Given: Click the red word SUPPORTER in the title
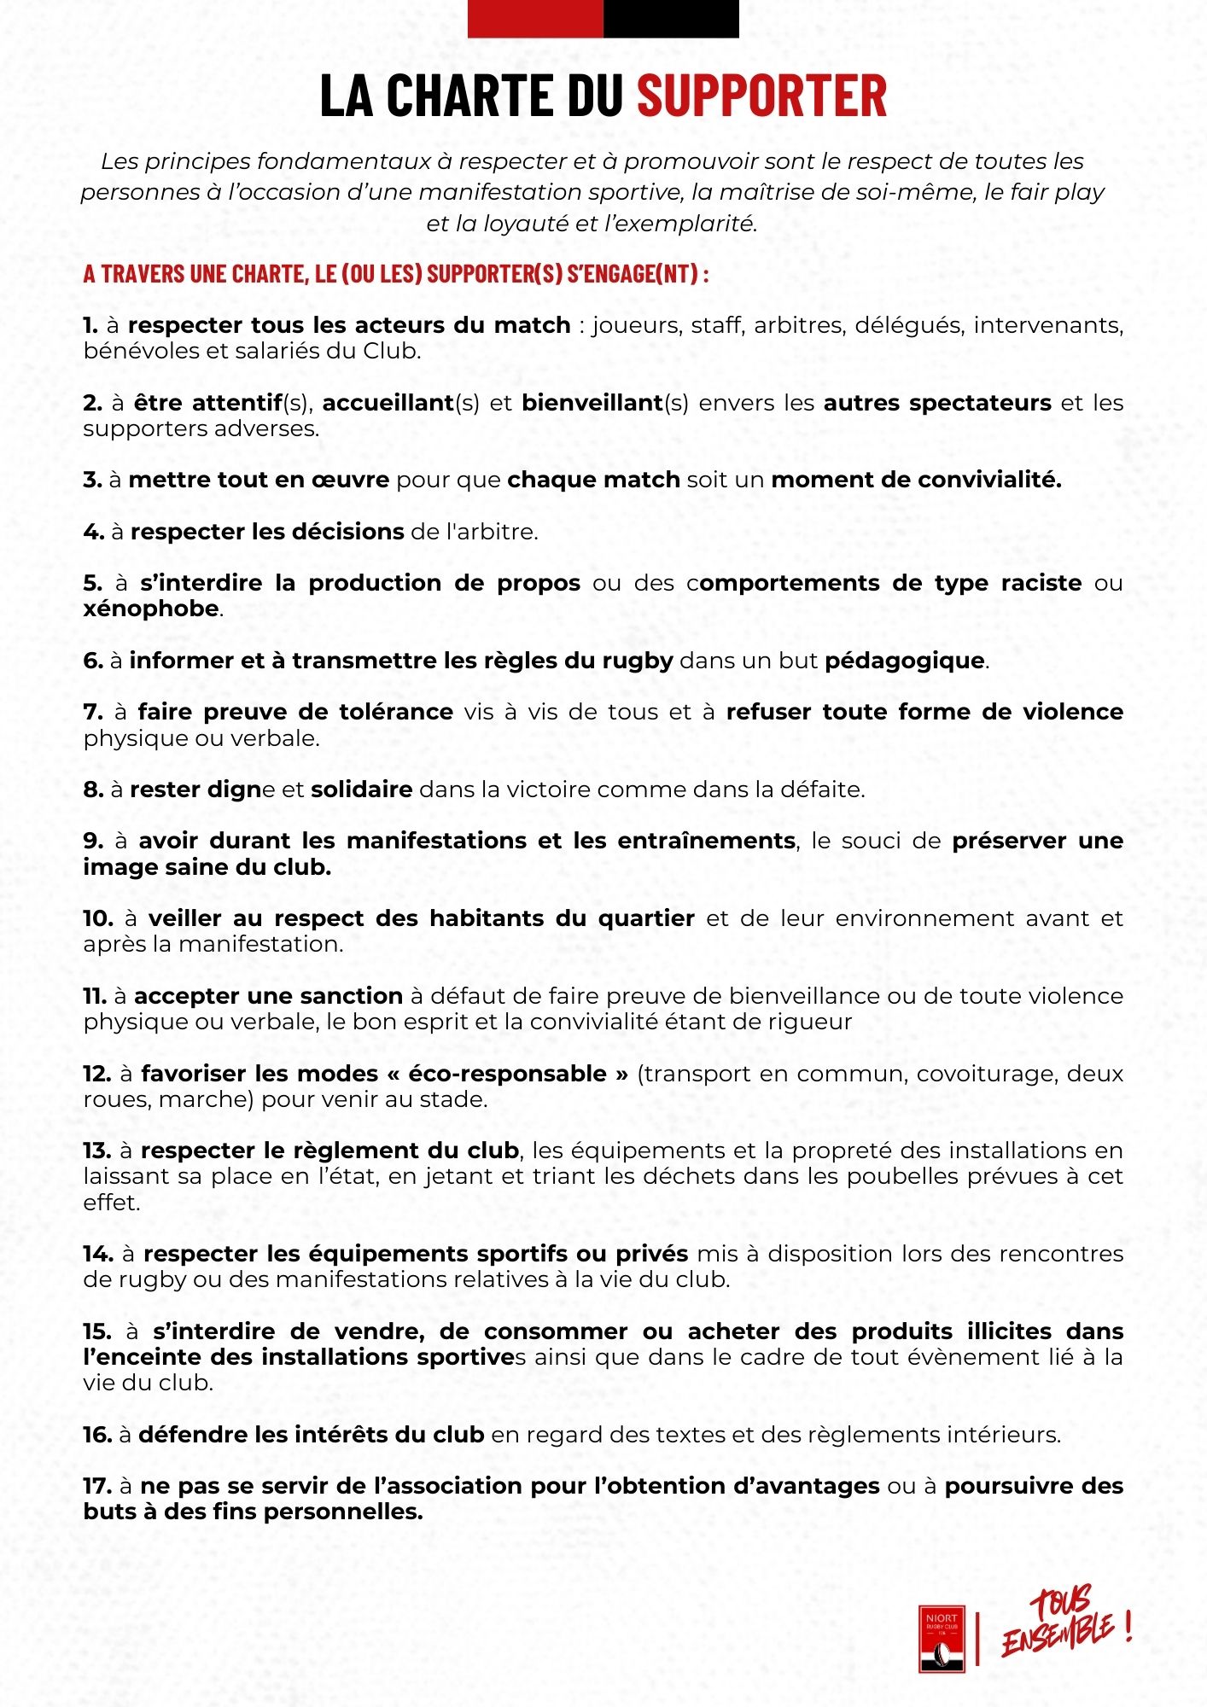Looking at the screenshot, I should (762, 95).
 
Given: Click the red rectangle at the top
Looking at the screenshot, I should (535, 19).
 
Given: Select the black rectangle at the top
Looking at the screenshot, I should (671, 19).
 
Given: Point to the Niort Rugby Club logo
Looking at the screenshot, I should (942, 1638).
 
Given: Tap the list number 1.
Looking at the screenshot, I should (90, 325).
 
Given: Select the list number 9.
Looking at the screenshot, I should (93, 841).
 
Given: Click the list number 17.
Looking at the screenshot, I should (97, 1486).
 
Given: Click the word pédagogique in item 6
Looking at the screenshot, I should (905, 661).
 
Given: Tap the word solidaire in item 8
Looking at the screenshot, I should (362, 789).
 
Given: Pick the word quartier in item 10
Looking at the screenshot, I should (646, 918).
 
